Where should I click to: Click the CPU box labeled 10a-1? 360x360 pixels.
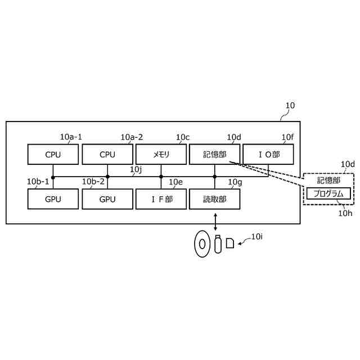[x=53, y=154]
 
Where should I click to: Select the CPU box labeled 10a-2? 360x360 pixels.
[x=107, y=154]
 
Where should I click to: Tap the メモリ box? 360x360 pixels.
[x=161, y=154]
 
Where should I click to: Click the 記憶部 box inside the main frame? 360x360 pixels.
[x=215, y=154]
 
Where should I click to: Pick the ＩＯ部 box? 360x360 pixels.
[x=268, y=154]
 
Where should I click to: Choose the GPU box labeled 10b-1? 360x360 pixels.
[x=53, y=199]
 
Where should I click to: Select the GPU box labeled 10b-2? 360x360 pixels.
[x=107, y=199]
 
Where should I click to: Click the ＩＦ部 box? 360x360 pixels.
[x=161, y=199]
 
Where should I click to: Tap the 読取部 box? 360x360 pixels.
[x=215, y=199]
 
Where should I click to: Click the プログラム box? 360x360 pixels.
[x=328, y=193]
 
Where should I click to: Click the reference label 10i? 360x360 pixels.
[x=256, y=237]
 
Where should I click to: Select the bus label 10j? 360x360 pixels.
[x=136, y=169]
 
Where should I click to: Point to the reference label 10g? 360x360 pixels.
[x=235, y=182]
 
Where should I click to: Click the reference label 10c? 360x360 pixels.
[x=182, y=137]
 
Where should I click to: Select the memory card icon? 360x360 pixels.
[x=230, y=244]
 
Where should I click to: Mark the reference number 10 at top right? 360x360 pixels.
[x=290, y=105]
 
